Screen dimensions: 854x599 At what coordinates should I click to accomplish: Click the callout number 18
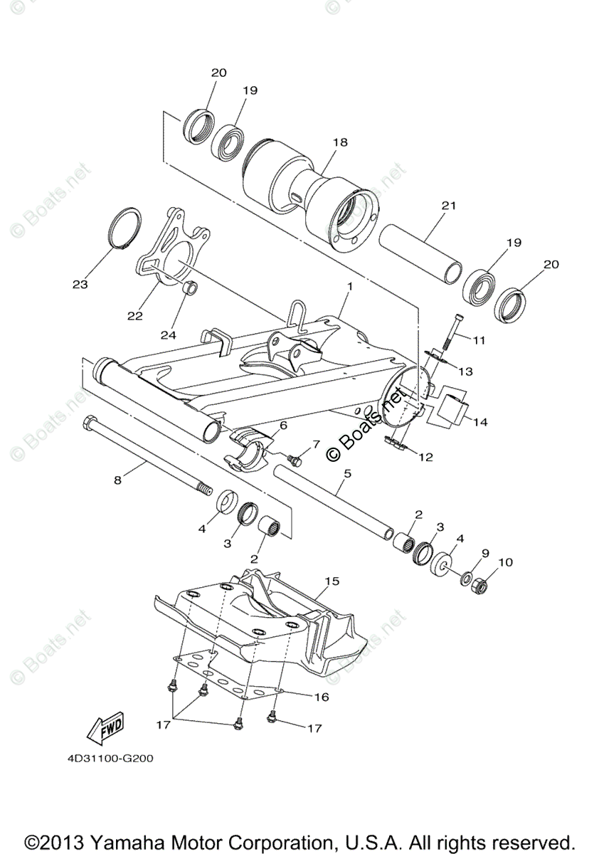[340, 142]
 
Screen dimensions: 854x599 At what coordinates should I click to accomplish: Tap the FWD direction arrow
[104, 728]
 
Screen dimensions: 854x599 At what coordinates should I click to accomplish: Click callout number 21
[447, 206]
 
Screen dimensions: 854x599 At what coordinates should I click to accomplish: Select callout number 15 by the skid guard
[332, 581]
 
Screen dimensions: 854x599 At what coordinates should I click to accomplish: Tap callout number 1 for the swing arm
[350, 286]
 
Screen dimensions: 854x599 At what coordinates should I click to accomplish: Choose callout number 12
[425, 458]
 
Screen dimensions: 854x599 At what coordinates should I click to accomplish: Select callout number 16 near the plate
[321, 697]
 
